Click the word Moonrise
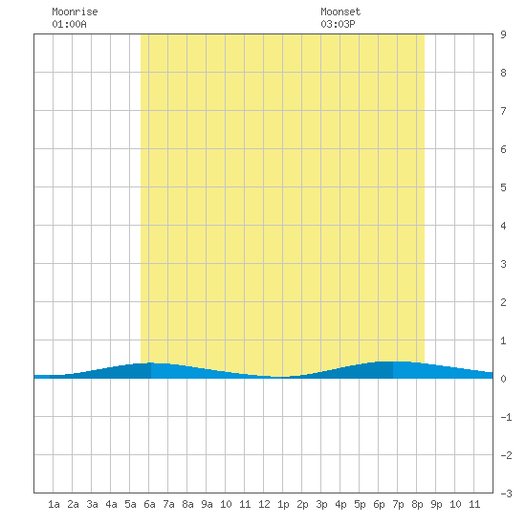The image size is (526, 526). [x=75, y=11]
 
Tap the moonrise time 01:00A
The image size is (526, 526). [x=69, y=24]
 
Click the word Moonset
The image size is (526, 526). [x=340, y=11]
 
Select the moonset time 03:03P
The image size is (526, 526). [x=338, y=24]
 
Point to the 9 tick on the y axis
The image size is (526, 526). [x=503, y=34]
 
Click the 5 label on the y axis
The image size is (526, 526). [x=503, y=187]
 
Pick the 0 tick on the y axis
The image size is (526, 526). [x=503, y=379]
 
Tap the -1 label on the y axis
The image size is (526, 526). [x=506, y=417]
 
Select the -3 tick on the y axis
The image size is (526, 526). [x=506, y=493]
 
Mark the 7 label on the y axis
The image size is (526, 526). [x=503, y=111]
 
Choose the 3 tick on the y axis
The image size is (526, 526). [x=503, y=264]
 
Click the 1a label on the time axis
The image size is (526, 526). [x=54, y=504]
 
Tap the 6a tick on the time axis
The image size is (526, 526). [x=149, y=504]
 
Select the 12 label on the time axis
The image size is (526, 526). [x=264, y=504]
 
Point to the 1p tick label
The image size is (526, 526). [x=283, y=504]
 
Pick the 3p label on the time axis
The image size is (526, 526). [x=321, y=504]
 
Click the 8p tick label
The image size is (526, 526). [x=417, y=504]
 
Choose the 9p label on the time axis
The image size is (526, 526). [x=436, y=504]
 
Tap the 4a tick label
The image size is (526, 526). [x=111, y=504]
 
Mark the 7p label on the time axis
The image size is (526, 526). [x=398, y=504]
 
